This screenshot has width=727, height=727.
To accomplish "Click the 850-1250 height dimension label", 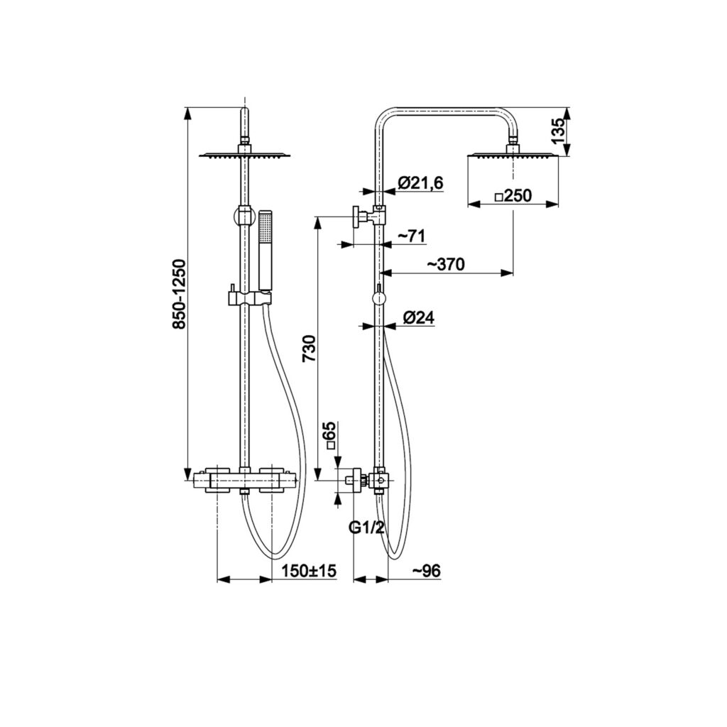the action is [178, 294].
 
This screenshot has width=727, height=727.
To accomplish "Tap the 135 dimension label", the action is [559, 131].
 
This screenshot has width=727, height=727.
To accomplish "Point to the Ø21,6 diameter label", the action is [420, 182].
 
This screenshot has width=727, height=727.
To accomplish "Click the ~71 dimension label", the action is [411, 236].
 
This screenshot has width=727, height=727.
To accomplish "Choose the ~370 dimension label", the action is [445, 264].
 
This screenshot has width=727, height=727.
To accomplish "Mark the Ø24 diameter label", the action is [419, 317].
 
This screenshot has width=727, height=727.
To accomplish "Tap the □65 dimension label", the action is [331, 436].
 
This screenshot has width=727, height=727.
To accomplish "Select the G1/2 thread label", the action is [366, 528].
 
